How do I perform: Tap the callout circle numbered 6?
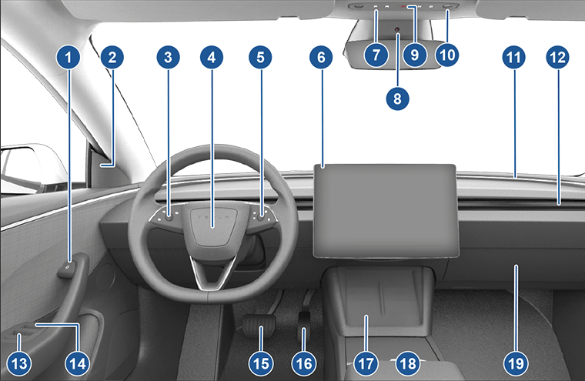(x=322, y=56)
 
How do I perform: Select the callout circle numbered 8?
(x=398, y=97)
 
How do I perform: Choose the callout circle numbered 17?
(x=366, y=362)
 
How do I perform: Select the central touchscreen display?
(x=385, y=209)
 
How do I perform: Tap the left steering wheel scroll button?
(x=167, y=218)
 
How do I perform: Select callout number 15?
(x=262, y=362)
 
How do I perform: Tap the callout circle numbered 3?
(x=167, y=56)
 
